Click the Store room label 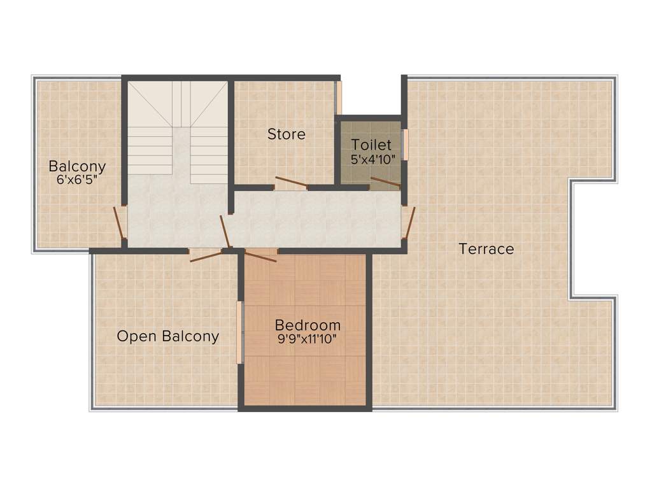286,134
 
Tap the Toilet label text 371,145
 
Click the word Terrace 486,249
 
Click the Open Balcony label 167,336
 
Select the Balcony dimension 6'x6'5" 77,180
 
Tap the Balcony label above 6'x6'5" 77,167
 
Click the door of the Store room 290,183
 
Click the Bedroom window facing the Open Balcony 240,332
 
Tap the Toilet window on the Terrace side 404,145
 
